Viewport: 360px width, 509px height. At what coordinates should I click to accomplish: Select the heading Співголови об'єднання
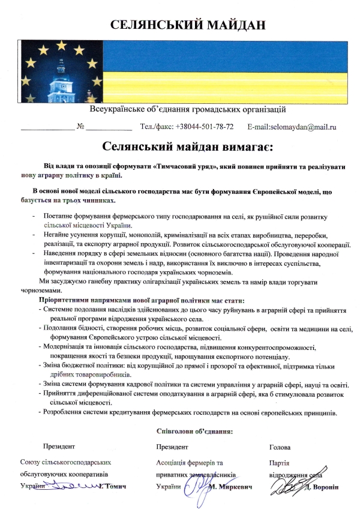pyautogui.click(x=194, y=430)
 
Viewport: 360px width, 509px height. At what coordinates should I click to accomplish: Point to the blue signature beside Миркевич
pyautogui.click(x=199, y=483)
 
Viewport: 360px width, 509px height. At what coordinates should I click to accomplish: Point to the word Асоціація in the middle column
pyautogui.click(x=175, y=462)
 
